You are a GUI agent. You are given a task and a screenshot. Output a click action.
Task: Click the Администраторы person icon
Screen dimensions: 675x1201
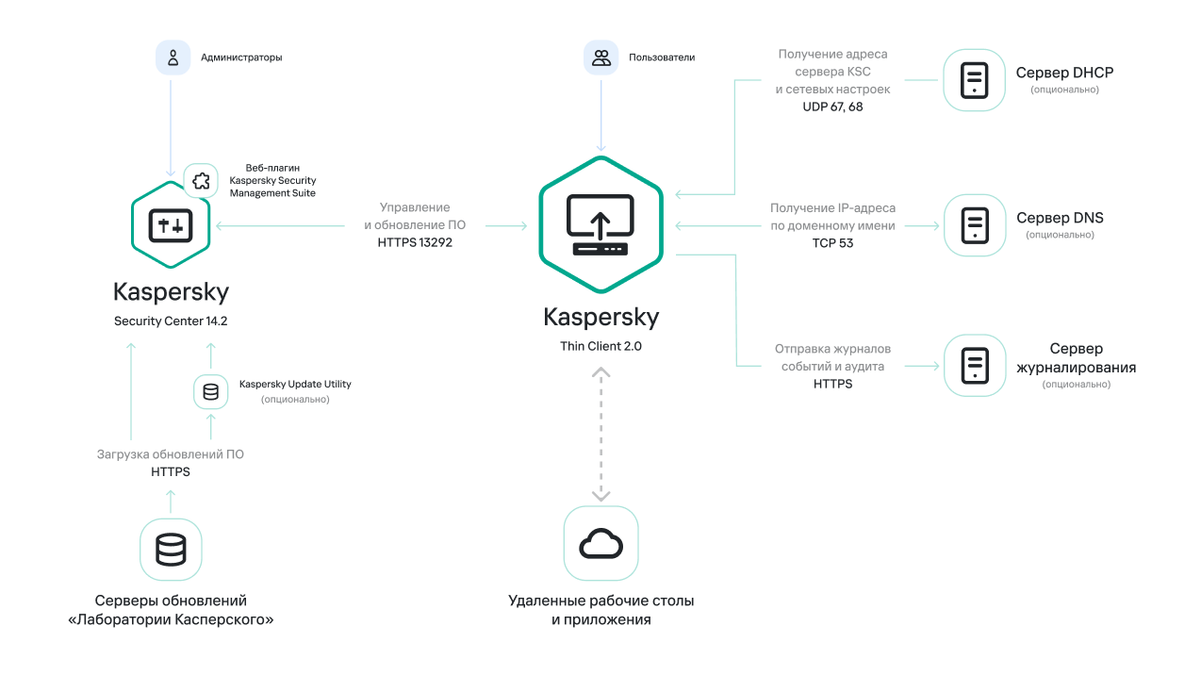click(x=173, y=58)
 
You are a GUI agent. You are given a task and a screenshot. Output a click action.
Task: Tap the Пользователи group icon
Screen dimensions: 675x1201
click(x=600, y=58)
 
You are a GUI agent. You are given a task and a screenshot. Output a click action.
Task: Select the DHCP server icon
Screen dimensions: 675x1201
click(x=974, y=80)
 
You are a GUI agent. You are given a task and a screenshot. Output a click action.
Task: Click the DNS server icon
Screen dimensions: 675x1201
click(x=974, y=225)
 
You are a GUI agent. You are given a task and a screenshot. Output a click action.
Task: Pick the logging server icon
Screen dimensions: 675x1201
click(x=974, y=365)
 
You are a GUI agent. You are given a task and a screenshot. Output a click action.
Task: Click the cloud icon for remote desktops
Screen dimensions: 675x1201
click(x=600, y=543)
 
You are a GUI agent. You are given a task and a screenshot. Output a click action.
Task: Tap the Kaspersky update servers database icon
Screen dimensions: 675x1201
click(x=171, y=550)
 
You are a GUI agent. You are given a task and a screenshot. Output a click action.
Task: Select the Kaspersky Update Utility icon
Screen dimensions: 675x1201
click(x=210, y=391)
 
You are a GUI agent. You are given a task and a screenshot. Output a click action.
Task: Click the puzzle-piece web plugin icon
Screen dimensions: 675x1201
click(x=200, y=180)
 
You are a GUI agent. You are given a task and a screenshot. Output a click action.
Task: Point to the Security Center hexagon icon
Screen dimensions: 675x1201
click(x=171, y=225)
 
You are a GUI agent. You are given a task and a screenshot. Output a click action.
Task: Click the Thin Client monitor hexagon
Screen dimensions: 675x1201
click(x=600, y=225)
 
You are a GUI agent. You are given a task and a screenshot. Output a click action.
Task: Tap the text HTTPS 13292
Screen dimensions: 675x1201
click(x=415, y=242)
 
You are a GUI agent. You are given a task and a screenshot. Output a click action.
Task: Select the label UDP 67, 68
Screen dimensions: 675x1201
click(x=832, y=107)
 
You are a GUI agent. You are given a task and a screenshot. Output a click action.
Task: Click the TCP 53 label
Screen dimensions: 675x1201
click(x=832, y=242)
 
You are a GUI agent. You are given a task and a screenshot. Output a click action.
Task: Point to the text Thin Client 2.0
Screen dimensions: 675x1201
click(x=600, y=346)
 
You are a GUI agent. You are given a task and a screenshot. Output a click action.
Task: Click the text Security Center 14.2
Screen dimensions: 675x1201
click(x=171, y=321)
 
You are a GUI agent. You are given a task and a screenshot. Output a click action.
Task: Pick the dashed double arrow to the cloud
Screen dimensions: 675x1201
click(x=600, y=434)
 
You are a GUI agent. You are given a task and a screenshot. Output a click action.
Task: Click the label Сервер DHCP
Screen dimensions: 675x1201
click(x=1065, y=73)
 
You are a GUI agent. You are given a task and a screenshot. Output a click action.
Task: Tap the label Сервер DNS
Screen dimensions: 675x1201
click(x=1060, y=218)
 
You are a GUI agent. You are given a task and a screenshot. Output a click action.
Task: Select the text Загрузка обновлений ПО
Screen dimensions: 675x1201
click(x=171, y=454)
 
